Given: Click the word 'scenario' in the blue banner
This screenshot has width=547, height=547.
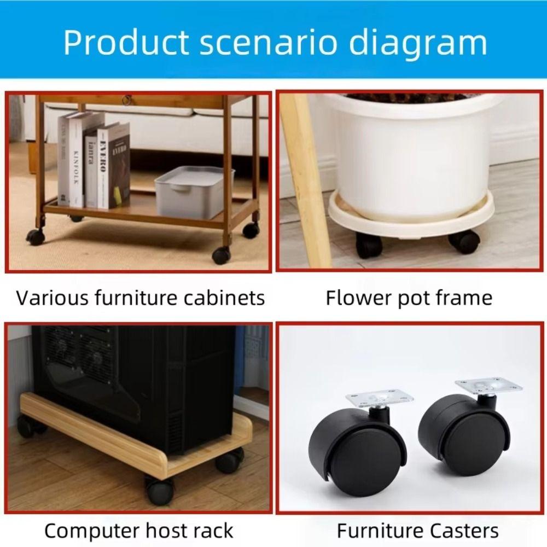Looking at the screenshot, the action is click(269, 43).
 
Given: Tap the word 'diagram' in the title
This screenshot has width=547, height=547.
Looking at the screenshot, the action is click(418, 44).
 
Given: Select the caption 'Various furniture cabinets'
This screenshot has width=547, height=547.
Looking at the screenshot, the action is click(141, 298).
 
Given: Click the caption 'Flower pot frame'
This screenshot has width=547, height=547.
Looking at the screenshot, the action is click(409, 298).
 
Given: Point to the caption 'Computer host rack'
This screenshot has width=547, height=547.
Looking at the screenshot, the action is click(139, 531).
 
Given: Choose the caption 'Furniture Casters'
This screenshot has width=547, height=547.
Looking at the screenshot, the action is click(417, 531).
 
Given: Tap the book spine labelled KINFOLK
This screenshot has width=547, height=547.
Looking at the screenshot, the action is click(77, 160).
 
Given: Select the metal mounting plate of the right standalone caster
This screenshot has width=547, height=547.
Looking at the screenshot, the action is click(488, 386).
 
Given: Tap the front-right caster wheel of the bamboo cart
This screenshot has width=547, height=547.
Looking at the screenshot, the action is click(221, 255).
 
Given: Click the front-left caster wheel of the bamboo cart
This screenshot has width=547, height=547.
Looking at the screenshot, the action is click(35, 237).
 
